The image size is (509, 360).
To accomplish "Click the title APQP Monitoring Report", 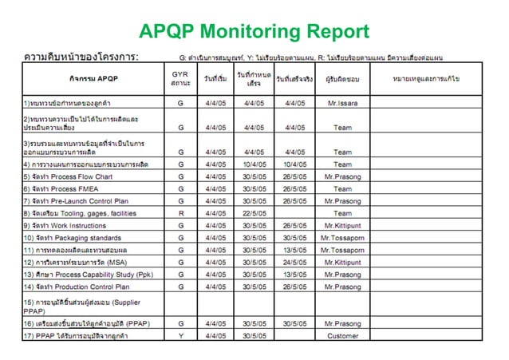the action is (254, 31).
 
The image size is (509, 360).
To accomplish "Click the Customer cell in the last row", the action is (343, 336).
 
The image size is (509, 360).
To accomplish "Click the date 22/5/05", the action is (254, 213).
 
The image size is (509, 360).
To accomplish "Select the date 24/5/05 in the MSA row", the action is (294, 262).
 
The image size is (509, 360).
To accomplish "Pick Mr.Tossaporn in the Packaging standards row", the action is (343, 238).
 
